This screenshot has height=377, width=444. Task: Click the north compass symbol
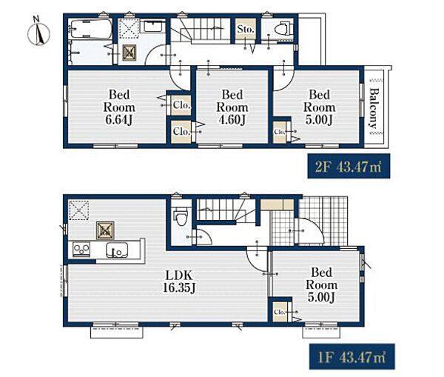[38, 32]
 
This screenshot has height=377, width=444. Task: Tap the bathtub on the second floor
[90, 29]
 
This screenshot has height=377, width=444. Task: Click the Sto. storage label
[246, 29]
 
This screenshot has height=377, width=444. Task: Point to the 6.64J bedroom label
[119, 107]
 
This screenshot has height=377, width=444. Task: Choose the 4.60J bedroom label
[232, 107]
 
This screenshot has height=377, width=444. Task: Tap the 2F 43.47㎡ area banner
[349, 166]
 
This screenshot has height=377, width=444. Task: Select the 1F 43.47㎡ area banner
[351, 356]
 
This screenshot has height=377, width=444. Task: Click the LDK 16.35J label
[179, 281]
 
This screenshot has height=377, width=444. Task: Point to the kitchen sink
[117, 250]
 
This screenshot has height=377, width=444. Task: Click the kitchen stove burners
[81, 250]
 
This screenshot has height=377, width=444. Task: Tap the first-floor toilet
[181, 216]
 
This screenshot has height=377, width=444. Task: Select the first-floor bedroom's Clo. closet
[280, 312]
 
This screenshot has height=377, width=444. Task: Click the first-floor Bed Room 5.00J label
[322, 285]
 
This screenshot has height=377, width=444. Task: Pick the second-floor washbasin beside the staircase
[153, 27]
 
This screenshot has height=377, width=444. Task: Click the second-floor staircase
[201, 29]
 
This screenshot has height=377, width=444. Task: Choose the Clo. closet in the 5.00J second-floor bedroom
[280, 132]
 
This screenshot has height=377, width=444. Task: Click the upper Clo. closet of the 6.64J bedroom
[181, 105]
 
